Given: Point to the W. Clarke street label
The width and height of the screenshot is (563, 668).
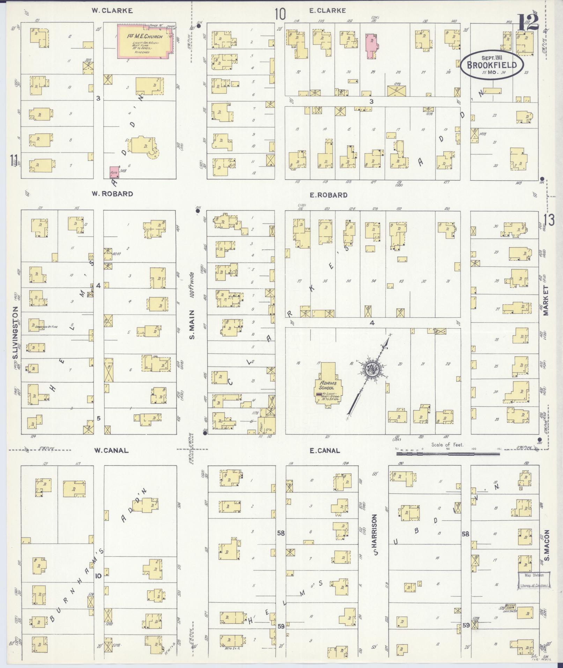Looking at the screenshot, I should point(112,10).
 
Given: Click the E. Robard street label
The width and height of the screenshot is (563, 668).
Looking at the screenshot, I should point(328,195).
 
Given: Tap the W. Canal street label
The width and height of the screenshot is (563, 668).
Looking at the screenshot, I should point(111,450).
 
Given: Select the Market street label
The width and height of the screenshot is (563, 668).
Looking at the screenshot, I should point(546,300).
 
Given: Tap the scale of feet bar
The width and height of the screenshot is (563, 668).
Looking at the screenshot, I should point(448,454).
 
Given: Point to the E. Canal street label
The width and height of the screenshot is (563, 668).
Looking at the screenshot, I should point(325,450).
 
